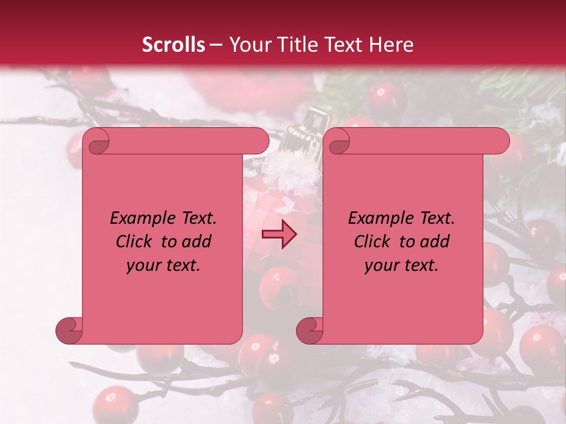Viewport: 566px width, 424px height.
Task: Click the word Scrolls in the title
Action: tap(174, 45)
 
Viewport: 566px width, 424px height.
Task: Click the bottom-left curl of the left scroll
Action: tap(70, 330)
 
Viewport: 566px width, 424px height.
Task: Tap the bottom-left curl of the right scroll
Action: tap(310, 330)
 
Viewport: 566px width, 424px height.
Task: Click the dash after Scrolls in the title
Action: tap(216, 45)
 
